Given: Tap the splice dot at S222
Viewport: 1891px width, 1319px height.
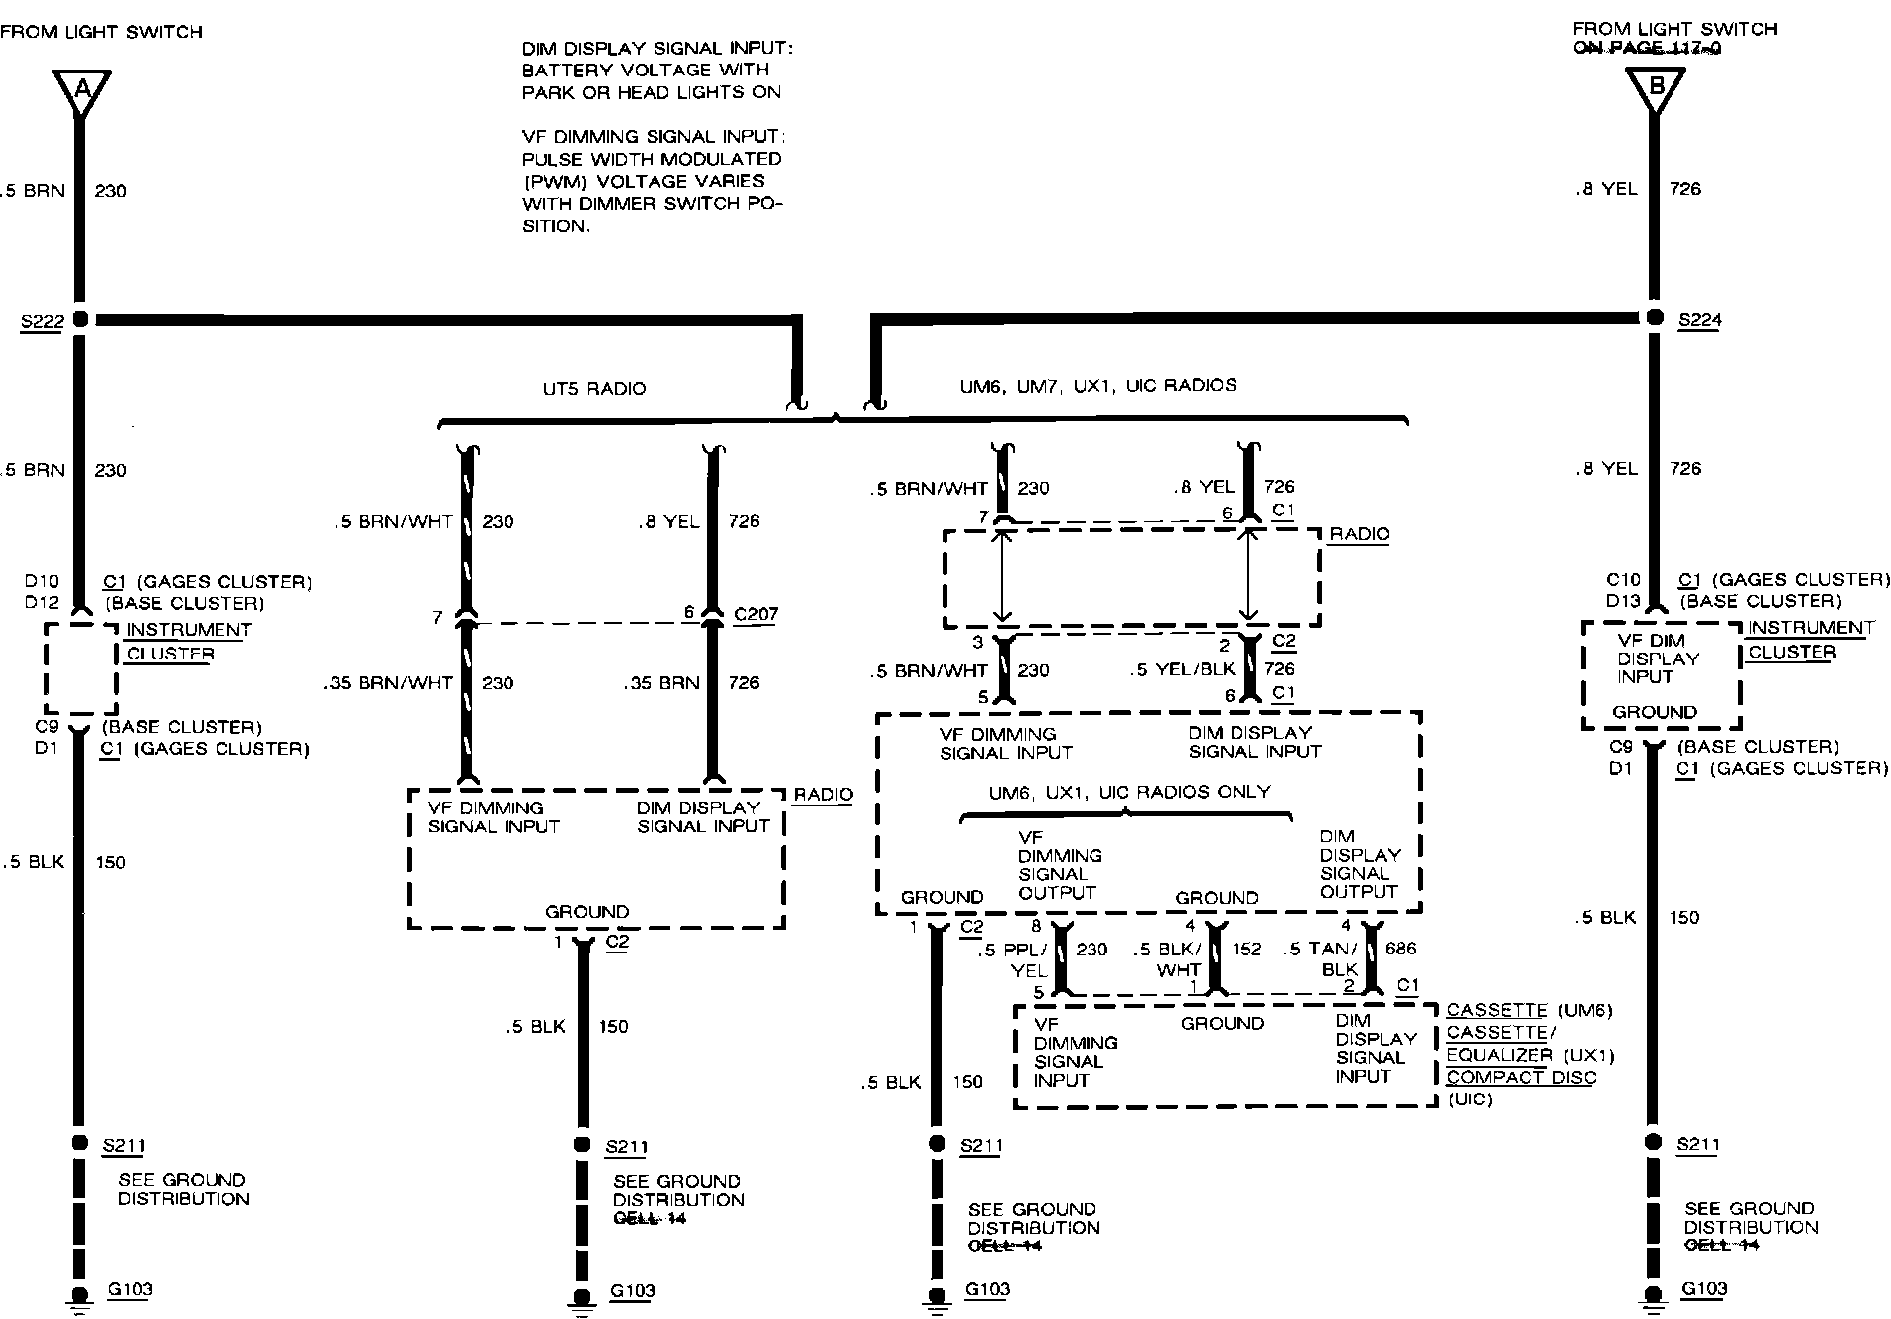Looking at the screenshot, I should pyautogui.click(x=80, y=320).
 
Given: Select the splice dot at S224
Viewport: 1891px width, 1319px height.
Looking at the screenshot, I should pyautogui.click(x=1655, y=318).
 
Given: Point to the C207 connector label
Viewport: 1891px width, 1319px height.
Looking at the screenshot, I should pyautogui.click(x=755, y=614).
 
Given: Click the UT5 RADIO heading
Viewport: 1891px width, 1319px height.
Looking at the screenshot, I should pyautogui.click(x=594, y=389).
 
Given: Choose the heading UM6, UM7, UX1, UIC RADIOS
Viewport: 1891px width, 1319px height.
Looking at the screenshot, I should pyautogui.click(x=1097, y=386).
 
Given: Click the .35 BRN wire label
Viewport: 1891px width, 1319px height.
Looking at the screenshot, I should pyautogui.click(x=662, y=683).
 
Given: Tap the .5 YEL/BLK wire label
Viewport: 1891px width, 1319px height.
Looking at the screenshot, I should pyautogui.click(x=1182, y=670).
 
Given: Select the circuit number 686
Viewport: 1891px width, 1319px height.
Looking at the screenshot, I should pyautogui.click(x=1400, y=949).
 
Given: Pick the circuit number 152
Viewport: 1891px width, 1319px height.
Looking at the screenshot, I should pyautogui.click(x=1246, y=949).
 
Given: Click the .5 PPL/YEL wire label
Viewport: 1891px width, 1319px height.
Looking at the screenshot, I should pyautogui.click(x=1013, y=959).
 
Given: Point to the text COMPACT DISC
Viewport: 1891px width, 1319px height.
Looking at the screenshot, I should pyautogui.click(x=1521, y=1077).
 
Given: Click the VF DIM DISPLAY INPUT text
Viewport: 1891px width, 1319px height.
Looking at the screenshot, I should pyautogui.click(x=1658, y=659).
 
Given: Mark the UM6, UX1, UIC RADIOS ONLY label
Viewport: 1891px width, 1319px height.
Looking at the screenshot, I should pyautogui.click(x=1129, y=792).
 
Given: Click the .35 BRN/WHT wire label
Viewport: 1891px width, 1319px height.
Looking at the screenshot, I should pyautogui.click(x=387, y=683).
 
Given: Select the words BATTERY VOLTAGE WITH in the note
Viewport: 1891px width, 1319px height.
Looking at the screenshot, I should pyautogui.click(x=646, y=70).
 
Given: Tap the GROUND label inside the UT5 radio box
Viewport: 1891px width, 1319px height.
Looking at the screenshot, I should pyautogui.click(x=587, y=911).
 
